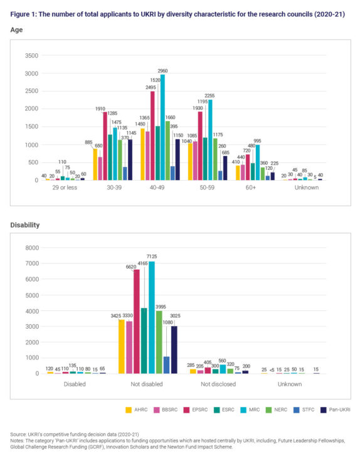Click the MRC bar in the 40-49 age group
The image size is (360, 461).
pos(162,129)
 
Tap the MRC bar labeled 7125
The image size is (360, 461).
pos(151,317)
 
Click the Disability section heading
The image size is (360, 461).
pos(24,224)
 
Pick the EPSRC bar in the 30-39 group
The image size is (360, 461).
pos(105,147)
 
